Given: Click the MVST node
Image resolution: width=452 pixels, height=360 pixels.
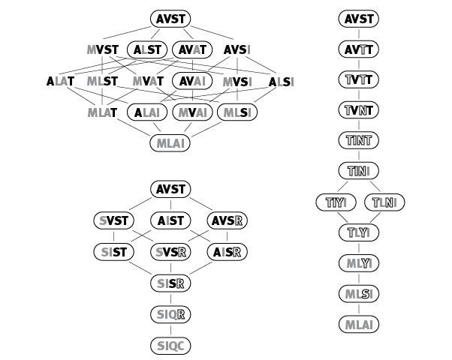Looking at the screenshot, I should click(102, 49).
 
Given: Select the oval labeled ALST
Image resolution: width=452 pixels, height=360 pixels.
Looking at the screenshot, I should click(147, 49).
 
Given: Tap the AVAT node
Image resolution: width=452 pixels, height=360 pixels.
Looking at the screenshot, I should click(192, 49).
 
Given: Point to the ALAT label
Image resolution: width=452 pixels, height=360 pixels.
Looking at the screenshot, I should click(60, 81).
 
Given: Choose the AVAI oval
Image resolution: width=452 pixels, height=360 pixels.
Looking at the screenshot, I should click(192, 81).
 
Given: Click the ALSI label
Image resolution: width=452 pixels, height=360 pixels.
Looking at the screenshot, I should click(282, 81).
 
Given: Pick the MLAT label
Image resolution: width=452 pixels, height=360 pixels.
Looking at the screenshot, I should click(102, 112).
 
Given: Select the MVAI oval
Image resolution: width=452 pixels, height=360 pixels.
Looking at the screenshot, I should click(192, 112).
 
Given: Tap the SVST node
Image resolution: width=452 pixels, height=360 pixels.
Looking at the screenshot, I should click(113, 220).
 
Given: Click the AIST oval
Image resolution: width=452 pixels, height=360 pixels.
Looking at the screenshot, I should click(170, 220).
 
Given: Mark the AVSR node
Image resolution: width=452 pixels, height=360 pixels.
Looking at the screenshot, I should click(228, 220).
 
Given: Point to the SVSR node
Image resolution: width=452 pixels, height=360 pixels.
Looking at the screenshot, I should click(170, 252).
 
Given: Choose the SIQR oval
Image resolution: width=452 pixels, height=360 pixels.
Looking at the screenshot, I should click(170, 315).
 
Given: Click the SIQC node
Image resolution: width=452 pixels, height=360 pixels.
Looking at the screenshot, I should click(170, 346).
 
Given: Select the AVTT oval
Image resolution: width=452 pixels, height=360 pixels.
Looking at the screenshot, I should click(359, 49).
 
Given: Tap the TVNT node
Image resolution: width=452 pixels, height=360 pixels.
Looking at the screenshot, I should click(359, 110).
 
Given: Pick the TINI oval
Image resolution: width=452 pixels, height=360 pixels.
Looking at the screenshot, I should click(359, 171).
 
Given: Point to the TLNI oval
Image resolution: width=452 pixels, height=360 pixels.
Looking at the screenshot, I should click(384, 202).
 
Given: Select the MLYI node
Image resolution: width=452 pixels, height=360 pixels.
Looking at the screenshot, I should click(359, 263).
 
